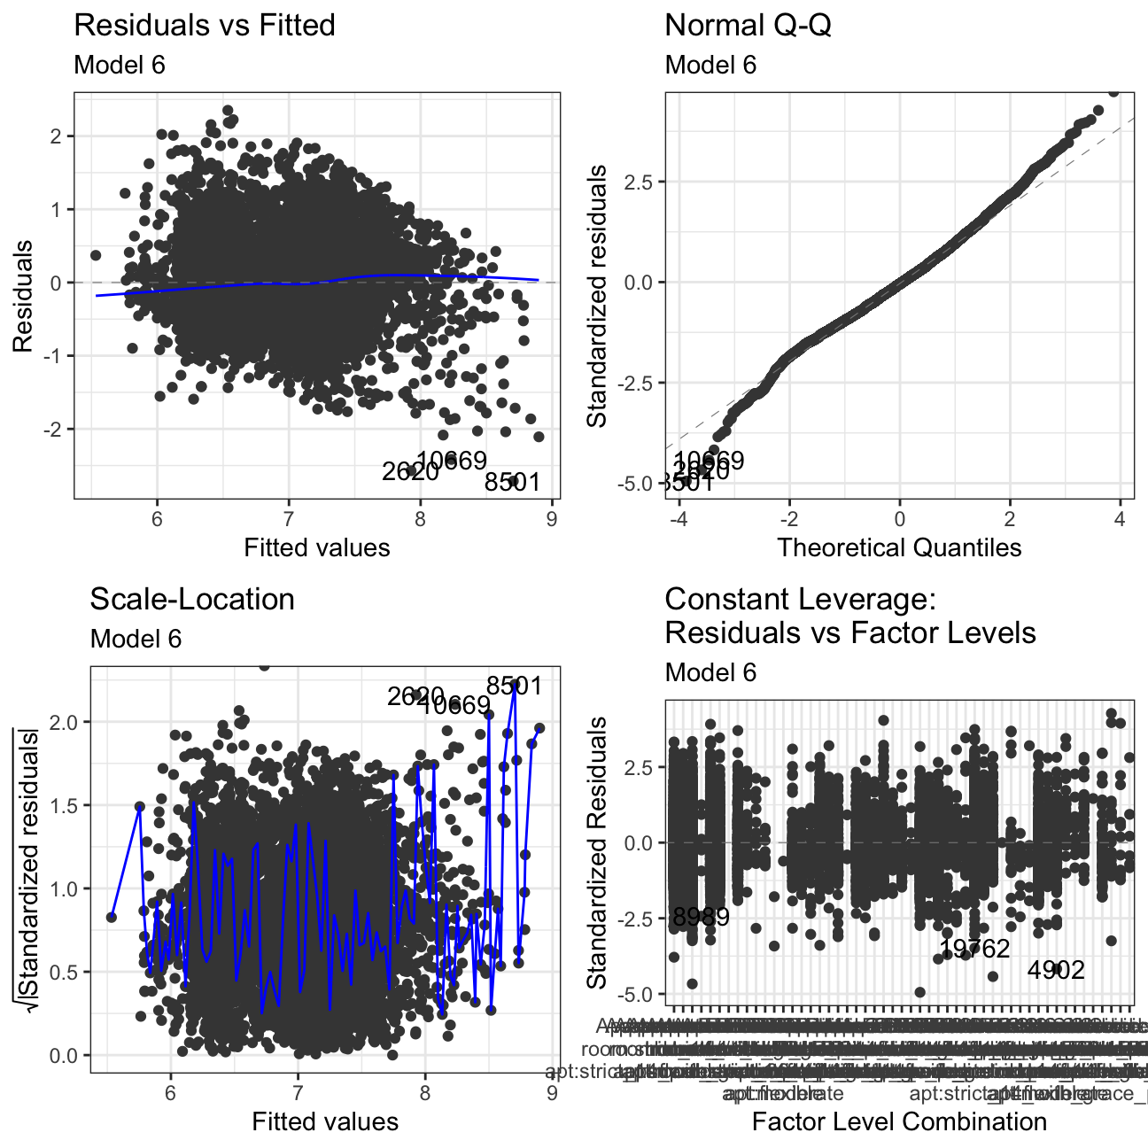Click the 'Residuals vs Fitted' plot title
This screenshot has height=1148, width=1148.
(x=204, y=26)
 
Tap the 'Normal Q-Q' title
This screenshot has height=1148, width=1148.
(x=748, y=26)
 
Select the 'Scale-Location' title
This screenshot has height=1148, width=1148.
(x=192, y=600)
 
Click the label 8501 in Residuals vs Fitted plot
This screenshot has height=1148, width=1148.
(x=512, y=483)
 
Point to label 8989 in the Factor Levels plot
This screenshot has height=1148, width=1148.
(x=701, y=917)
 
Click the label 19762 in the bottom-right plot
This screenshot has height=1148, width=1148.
(x=974, y=950)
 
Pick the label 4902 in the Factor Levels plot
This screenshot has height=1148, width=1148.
(x=1056, y=971)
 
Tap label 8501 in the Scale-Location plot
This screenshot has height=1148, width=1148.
(x=514, y=686)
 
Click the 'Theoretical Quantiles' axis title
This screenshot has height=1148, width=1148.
(x=899, y=547)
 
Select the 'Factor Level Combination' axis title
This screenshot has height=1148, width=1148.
(x=899, y=1121)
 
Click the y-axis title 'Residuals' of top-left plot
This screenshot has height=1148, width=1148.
(x=23, y=296)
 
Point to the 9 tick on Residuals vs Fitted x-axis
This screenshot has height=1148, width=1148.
(x=552, y=519)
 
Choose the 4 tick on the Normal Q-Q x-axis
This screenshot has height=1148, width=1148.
(x=1120, y=519)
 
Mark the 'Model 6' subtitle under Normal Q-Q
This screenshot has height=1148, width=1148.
(x=710, y=65)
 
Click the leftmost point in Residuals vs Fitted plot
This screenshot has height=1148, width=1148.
(x=96, y=255)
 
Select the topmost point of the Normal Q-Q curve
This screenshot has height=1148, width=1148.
(x=1114, y=91)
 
